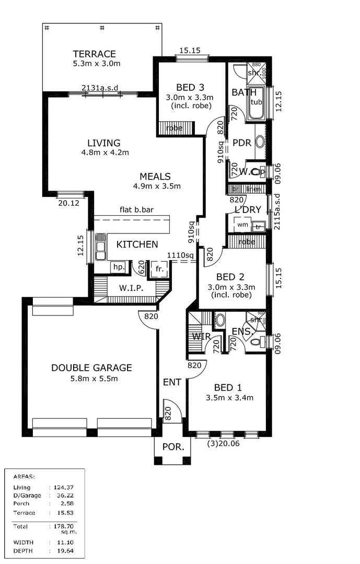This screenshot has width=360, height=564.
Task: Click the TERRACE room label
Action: pos(94,54)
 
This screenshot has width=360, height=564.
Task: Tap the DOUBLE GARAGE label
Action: pos(91,368)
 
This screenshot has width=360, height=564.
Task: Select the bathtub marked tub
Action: pos(256,102)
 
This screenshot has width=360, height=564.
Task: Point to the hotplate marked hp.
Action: pos(118,267)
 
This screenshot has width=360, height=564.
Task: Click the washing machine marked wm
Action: pos(242,225)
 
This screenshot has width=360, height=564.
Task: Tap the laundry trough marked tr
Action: pos(258,227)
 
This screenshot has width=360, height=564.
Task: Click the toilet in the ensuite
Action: pos(256,342)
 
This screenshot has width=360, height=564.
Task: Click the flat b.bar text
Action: pos(136,210)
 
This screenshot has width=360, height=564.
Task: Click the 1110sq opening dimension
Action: pos(180,255)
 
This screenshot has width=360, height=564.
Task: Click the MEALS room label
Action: pos(155,177)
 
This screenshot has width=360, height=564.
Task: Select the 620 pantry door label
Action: pos(141,268)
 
